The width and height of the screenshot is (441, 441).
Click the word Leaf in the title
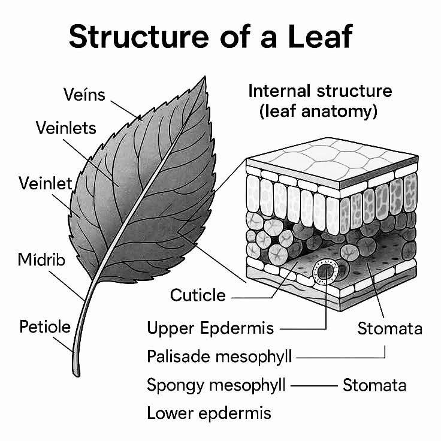[x=321, y=37]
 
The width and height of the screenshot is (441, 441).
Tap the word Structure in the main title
[x=139, y=37]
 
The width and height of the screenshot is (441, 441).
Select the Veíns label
[x=84, y=95]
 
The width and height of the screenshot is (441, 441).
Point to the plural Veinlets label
[x=66, y=128]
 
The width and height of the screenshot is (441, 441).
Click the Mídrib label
[x=41, y=259]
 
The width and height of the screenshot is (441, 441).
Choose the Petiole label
[x=45, y=327]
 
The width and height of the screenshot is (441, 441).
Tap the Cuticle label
[x=198, y=295]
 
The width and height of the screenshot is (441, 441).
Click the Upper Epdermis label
[x=210, y=328]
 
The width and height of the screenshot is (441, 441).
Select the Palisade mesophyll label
[x=219, y=357]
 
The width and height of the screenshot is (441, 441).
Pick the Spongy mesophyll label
[x=216, y=385]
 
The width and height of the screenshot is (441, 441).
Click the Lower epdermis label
[x=209, y=413]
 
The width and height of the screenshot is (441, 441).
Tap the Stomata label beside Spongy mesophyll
[x=374, y=385]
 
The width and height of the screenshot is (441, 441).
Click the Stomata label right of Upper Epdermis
[x=390, y=328]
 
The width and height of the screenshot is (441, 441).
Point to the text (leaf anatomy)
[x=318, y=111]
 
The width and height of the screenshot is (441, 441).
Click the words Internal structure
[x=320, y=91]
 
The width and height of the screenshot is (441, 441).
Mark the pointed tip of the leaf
[x=205, y=77]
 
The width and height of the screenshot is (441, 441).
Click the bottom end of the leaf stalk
[x=76, y=374]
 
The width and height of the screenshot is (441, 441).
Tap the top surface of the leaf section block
[x=332, y=159]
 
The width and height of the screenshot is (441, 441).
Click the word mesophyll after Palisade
[x=253, y=357]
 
